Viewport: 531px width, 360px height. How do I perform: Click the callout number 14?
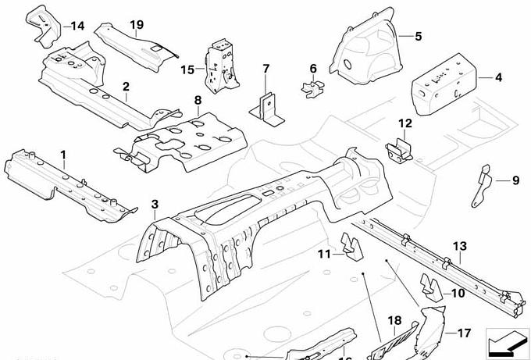pos(77,26)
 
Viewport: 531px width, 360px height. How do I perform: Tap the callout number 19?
pos(137,26)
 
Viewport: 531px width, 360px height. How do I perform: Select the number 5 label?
pos(418,36)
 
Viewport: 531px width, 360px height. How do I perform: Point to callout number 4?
pos(499,77)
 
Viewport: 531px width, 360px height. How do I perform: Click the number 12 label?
pos(404,123)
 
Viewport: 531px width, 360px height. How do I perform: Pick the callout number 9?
pos(515,181)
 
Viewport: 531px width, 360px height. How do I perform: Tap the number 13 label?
pos(459,247)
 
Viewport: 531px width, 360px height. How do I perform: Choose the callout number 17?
pos(464,333)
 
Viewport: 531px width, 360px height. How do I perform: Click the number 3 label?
pos(155,205)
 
